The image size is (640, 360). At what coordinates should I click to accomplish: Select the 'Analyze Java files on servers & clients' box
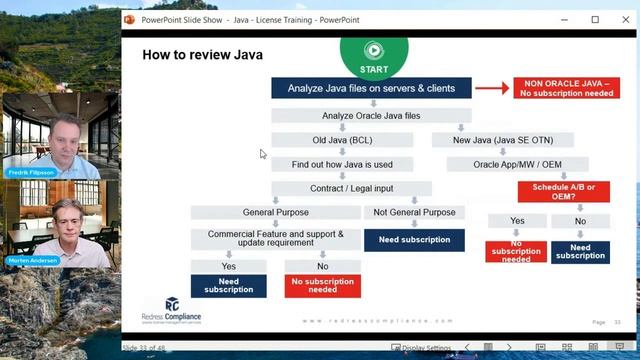[x=371, y=88]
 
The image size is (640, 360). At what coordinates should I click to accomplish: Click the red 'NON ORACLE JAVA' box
[x=560, y=88]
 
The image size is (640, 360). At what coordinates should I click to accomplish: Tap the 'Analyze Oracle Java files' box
[x=371, y=116]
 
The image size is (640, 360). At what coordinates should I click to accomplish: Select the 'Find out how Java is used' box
[x=343, y=164]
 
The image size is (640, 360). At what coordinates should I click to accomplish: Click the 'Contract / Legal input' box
[x=351, y=188]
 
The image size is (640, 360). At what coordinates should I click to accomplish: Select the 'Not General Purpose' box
[x=414, y=212]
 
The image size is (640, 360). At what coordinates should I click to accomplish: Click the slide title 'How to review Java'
[x=203, y=54]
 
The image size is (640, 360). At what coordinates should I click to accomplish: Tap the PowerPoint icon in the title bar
[x=129, y=19]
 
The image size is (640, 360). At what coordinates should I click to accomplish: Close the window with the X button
[x=625, y=19]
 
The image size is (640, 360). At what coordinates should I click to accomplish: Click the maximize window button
[x=596, y=19]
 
